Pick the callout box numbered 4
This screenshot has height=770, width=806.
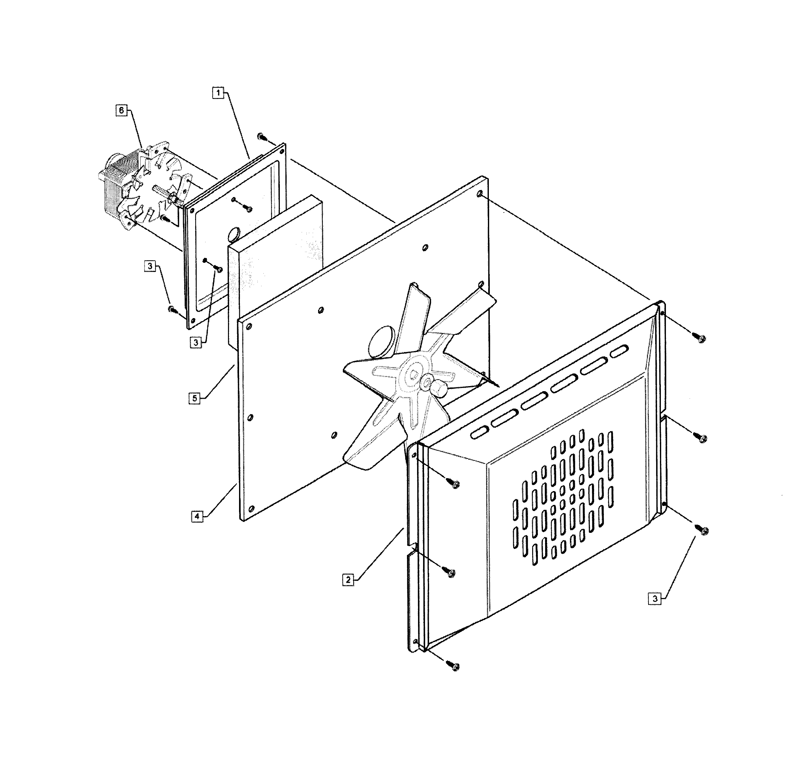[x=197, y=516]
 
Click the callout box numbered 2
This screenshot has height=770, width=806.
[x=348, y=580]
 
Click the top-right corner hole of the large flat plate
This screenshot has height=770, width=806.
[x=480, y=193]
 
